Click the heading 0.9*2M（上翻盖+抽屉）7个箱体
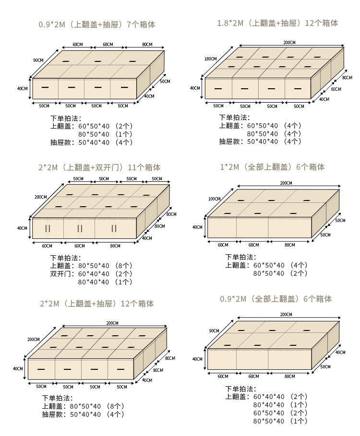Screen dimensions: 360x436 coord(97,24)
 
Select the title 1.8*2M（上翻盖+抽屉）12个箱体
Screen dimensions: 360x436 coord(277,23)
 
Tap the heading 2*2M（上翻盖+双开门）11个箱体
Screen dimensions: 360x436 coord(99,167)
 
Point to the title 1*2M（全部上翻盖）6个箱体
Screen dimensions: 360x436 coord(272,167)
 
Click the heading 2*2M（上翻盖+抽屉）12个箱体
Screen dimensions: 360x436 coord(96,304)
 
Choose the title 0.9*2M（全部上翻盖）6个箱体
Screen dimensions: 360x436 coord(276,299)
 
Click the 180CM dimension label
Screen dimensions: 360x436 coord(210,59)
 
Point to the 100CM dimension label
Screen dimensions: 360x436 coord(214,199)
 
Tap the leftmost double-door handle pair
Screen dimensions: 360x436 coord(48,229)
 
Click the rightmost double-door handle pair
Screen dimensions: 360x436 coord(114,229)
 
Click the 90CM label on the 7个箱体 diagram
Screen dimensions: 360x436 coord(38,60)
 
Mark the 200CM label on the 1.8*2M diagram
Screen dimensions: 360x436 coord(289,43)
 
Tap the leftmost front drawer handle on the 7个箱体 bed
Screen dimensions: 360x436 coord(46,87)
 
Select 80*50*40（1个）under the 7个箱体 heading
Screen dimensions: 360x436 coord(105,134)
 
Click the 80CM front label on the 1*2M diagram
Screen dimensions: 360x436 coord(289,245)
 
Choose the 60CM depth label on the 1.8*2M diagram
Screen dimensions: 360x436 coord(336,89)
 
